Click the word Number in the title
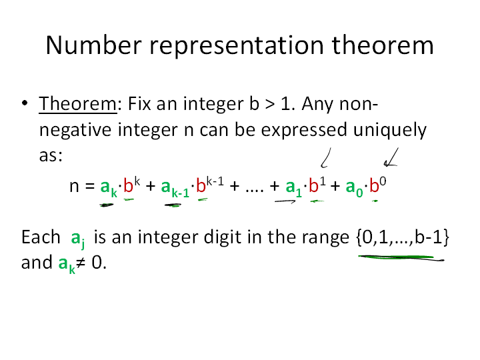click(x=94, y=45)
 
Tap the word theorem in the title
click(x=383, y=45)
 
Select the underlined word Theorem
click(x=78, y=103)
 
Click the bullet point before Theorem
click(x=25, y=103)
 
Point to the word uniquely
click(x=390, y=131)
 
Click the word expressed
click(x=304, y=130)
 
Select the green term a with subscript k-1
click(x=175, y=187)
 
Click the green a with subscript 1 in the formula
click(x=293, y=187)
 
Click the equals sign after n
click(x=90, y=185)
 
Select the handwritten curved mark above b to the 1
click(x=326, y=158)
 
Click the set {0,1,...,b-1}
click(x=403, y=237)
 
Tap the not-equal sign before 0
click(x=81, y=263)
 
